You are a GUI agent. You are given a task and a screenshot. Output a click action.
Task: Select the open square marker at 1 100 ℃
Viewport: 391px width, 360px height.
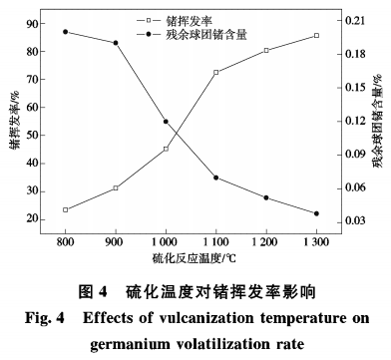215,72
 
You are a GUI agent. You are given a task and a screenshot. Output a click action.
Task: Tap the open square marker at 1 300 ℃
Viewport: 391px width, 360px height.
316,35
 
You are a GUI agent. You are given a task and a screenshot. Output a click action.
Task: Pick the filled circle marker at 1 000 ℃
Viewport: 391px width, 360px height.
166,122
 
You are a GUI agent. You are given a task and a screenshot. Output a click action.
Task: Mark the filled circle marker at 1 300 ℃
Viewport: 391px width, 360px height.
316,213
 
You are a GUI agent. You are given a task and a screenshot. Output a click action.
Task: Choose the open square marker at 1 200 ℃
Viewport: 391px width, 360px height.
266,50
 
